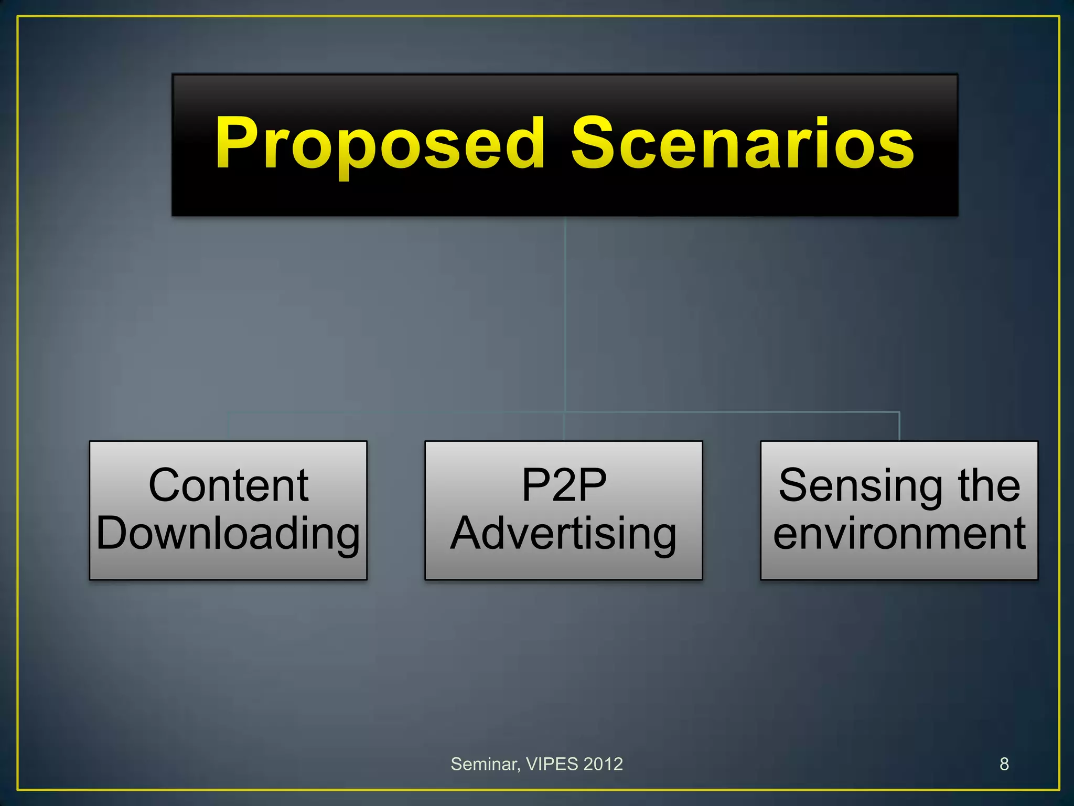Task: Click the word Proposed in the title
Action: (380, 144)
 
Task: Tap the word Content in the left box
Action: (228, 485)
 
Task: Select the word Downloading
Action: (228, 534)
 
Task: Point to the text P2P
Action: (564, 485)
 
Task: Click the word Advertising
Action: (564, 534)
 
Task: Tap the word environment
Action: (899, 534)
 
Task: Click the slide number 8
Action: (1004, 764)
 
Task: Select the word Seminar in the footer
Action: (484, 765)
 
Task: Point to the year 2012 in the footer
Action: (603, 764)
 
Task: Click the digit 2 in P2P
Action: (564, 485)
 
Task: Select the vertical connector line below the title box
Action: (565, 315)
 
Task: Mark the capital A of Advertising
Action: (469, 533)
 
